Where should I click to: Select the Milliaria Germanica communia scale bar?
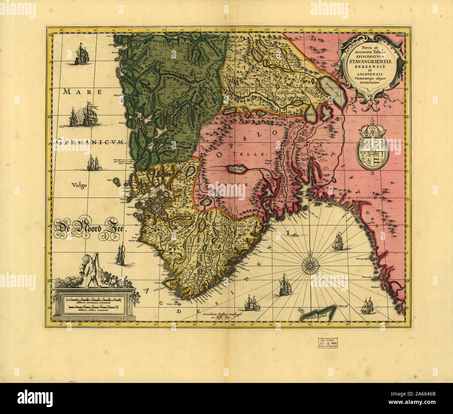[x=92, y=299]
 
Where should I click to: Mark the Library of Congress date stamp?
[x=327, y=343]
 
